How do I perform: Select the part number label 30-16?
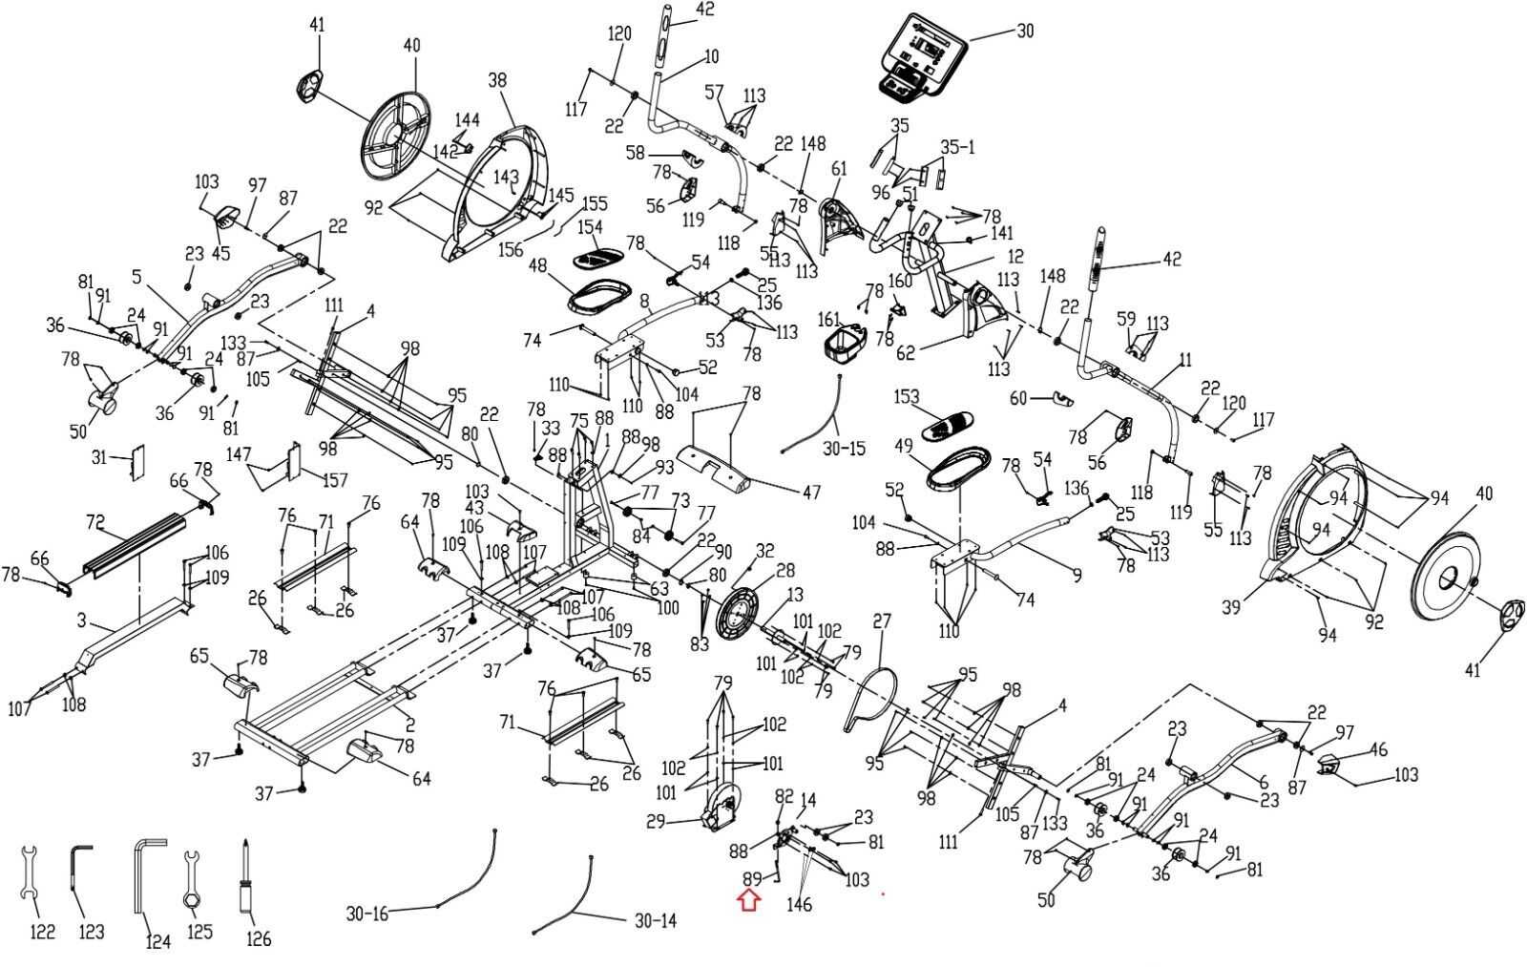pos(366,914)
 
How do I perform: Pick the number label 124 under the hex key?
pos(158,941)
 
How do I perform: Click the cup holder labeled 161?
pos(845,347)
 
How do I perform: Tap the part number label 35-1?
pos(957,147)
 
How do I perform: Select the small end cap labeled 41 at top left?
pos(310,85)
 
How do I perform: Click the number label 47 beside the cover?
pos(811,492)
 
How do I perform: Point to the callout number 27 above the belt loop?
pos(882,621)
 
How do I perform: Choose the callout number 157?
pos(335,481)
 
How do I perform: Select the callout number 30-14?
pos(655,921)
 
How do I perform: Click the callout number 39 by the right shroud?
pos(1230,606)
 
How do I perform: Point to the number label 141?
pos(1001,233)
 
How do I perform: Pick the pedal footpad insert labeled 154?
pos(597,258)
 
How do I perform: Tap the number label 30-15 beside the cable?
pos(844,448)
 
